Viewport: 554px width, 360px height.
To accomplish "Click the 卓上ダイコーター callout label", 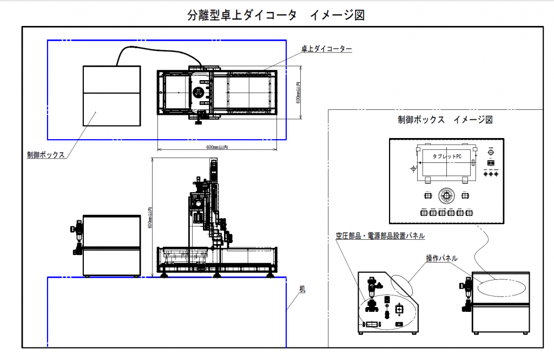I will [x=326, y=49].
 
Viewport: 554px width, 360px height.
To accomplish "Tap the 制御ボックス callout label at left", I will [x=46, y=155].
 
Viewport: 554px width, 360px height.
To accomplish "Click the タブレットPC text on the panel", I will [x=447, y=156].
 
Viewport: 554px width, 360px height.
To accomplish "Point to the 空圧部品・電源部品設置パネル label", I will [x=379, y=235].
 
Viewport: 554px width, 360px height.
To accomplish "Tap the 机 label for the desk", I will [x=302, y=290].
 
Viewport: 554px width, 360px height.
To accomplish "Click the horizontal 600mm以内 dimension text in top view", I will [x=217, y=147].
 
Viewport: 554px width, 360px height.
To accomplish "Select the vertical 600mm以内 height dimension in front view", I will [x=150, y=217].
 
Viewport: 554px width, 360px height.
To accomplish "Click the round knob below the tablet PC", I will [x=446, y=194].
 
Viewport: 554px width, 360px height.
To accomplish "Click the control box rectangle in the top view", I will [x=112, y=96].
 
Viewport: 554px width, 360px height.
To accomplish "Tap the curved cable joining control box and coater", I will [x=157, y=50].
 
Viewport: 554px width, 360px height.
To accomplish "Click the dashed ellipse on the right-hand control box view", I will [x=501, y=287].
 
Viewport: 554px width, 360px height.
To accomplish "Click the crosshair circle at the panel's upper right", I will [x=491, y=152].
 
